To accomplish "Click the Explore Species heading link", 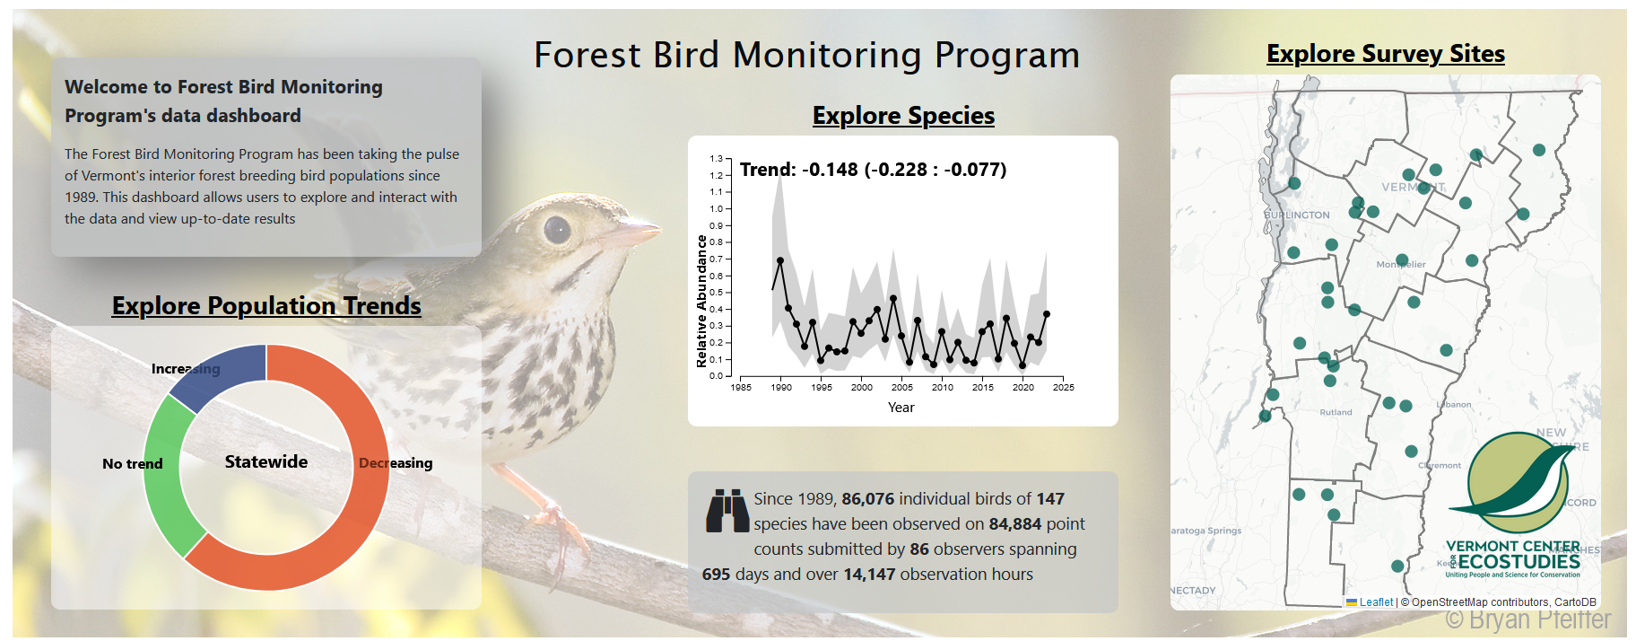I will click(x=903, y=116).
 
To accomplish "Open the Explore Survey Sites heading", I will click(x=1385, y=54).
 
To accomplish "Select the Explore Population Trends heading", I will click(x=266, y=306).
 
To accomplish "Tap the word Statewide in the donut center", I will click(x=266, y=461).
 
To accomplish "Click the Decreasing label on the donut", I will click(x=396, y=463).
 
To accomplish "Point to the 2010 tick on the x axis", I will click(x=942, y=387).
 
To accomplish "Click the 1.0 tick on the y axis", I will click(x=716, y=208).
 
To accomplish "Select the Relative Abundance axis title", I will click(x=701, y=302).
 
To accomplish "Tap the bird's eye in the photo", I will click(x=557, y=230).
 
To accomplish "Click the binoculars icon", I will click(x=727, y=511).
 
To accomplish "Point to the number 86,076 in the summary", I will click(x=867, y=499).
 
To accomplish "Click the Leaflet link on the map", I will click(x=1376, y=602).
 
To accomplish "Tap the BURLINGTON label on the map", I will click(x=1297, y=215).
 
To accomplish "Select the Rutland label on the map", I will click(x=1336, y=412).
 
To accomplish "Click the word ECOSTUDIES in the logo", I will click(x=1519, y=561).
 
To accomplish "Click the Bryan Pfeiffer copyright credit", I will click(x=1527, y=619).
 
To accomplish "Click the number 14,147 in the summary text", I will click(x=869, y=575).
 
